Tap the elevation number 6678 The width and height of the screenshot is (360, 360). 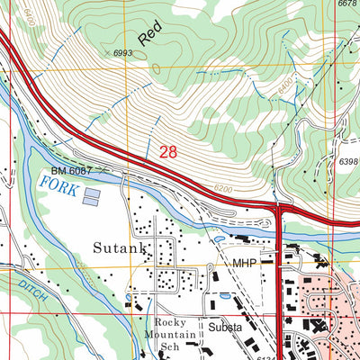[346, 4]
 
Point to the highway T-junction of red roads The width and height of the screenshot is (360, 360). [279, 210]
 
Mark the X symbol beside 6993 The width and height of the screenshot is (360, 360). [107, 54]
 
